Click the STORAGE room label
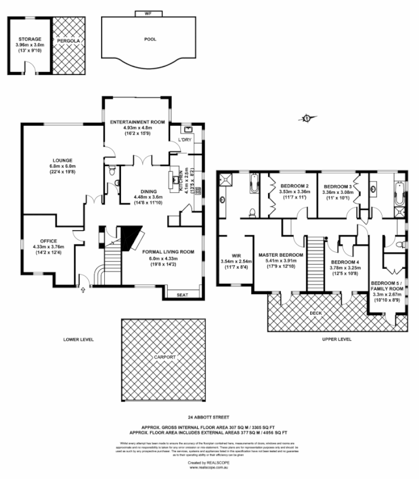pyautogui.click(x=29, y=39)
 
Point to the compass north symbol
pyautogui.click(x=307, y=118)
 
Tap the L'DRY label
pyautogui.click(x=184, y=140)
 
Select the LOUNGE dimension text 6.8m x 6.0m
pyautogui.click(x=62, y=166)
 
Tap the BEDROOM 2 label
pyautogui.click(x=294, y=186)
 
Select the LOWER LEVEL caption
pyautogui.click(x=78, y=339)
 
